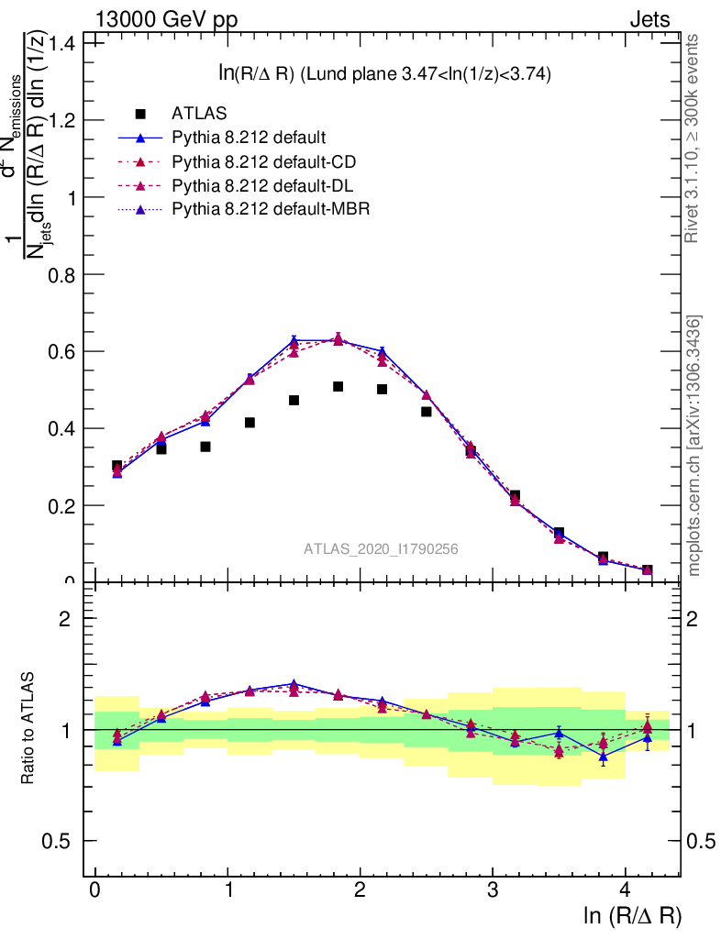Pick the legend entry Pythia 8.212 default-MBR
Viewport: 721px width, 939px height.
[x=270, y=210]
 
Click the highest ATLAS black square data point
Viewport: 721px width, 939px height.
[x=338, y=387]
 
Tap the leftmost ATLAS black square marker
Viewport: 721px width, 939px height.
[x=117, y=467]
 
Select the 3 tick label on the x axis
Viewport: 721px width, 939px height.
[x=493, y=890]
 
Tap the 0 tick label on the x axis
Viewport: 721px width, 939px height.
[x=95, y=890]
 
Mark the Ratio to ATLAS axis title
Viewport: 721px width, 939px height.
[x=29, y=730]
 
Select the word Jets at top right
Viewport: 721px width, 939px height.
[x=649, y=19]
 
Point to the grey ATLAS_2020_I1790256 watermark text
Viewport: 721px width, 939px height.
[x=381, y=549]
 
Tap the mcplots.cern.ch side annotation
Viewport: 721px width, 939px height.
[x=694, y=446]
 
